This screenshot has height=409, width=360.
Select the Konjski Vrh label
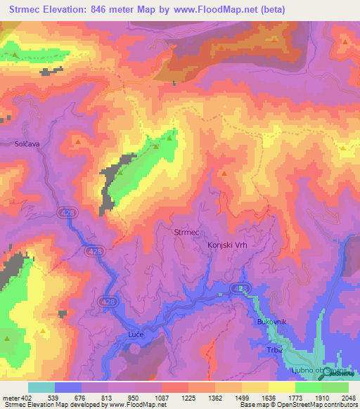229,245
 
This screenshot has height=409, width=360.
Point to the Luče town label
136,334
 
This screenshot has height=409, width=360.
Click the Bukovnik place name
272,321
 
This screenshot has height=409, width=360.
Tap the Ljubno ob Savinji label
320,370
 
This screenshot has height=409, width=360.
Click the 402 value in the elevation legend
27,397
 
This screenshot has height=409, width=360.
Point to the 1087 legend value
160,397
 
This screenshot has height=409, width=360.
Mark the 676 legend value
80,397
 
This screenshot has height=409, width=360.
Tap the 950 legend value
134,397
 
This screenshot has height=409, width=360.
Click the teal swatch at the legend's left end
41,387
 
